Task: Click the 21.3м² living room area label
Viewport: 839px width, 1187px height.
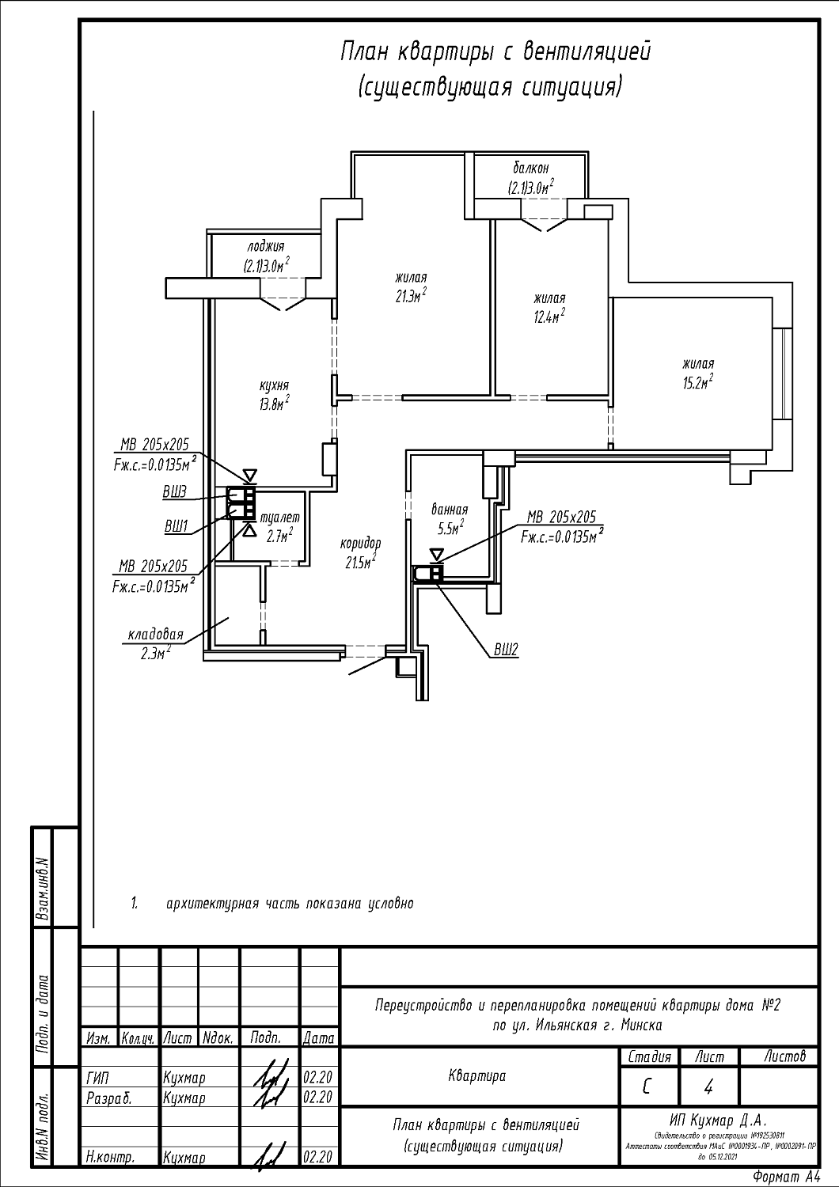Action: pos(412,286)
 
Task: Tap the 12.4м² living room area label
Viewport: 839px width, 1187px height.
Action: pos(549,308)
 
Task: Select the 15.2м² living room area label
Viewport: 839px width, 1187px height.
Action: pos(697,374)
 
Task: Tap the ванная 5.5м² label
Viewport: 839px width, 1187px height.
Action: pos(449,518)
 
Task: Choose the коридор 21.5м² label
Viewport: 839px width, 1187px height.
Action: pos(360,552)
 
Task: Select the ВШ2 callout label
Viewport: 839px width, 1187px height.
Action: pos(506,650)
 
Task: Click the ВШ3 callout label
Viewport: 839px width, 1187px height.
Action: pos(174,492)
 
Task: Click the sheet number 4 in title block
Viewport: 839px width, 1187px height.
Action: pos(708,1088)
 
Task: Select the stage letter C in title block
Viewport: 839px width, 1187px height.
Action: pos(647,1087)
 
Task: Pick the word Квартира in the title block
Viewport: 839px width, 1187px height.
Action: pos(476,1075)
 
